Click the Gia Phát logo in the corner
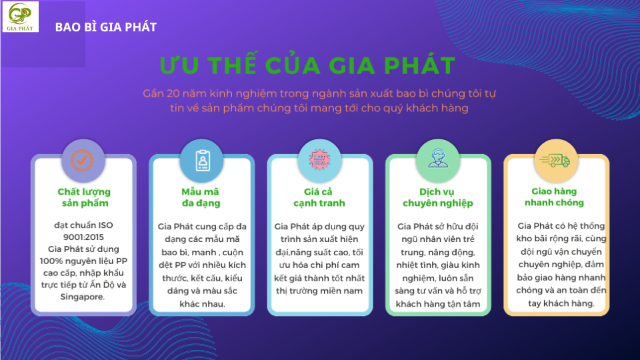click(x=21, y=17)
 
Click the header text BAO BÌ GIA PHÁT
click(x=106, y=27)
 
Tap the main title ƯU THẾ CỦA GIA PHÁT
click(x=308, y=65)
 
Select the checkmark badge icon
click(x=82, y=160)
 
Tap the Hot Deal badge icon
click(x=319, y=159)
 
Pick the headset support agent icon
click(x=438, y=159)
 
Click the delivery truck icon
click(x=555, y=160)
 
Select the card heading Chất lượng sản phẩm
click(x=84, y=197)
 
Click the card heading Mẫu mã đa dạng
click(x=201, y=197)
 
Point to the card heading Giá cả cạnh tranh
click(x=319, y=197)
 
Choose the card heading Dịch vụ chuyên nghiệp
click(x=437, y=197)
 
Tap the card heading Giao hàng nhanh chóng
click(x=554, y=197)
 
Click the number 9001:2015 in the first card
click(x=83, y=237)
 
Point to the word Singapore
click(x=83, y=297)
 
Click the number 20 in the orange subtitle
click(x=173, y=93)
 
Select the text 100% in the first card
click(x=51, y=261)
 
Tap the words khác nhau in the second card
click(x=202, y=304)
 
